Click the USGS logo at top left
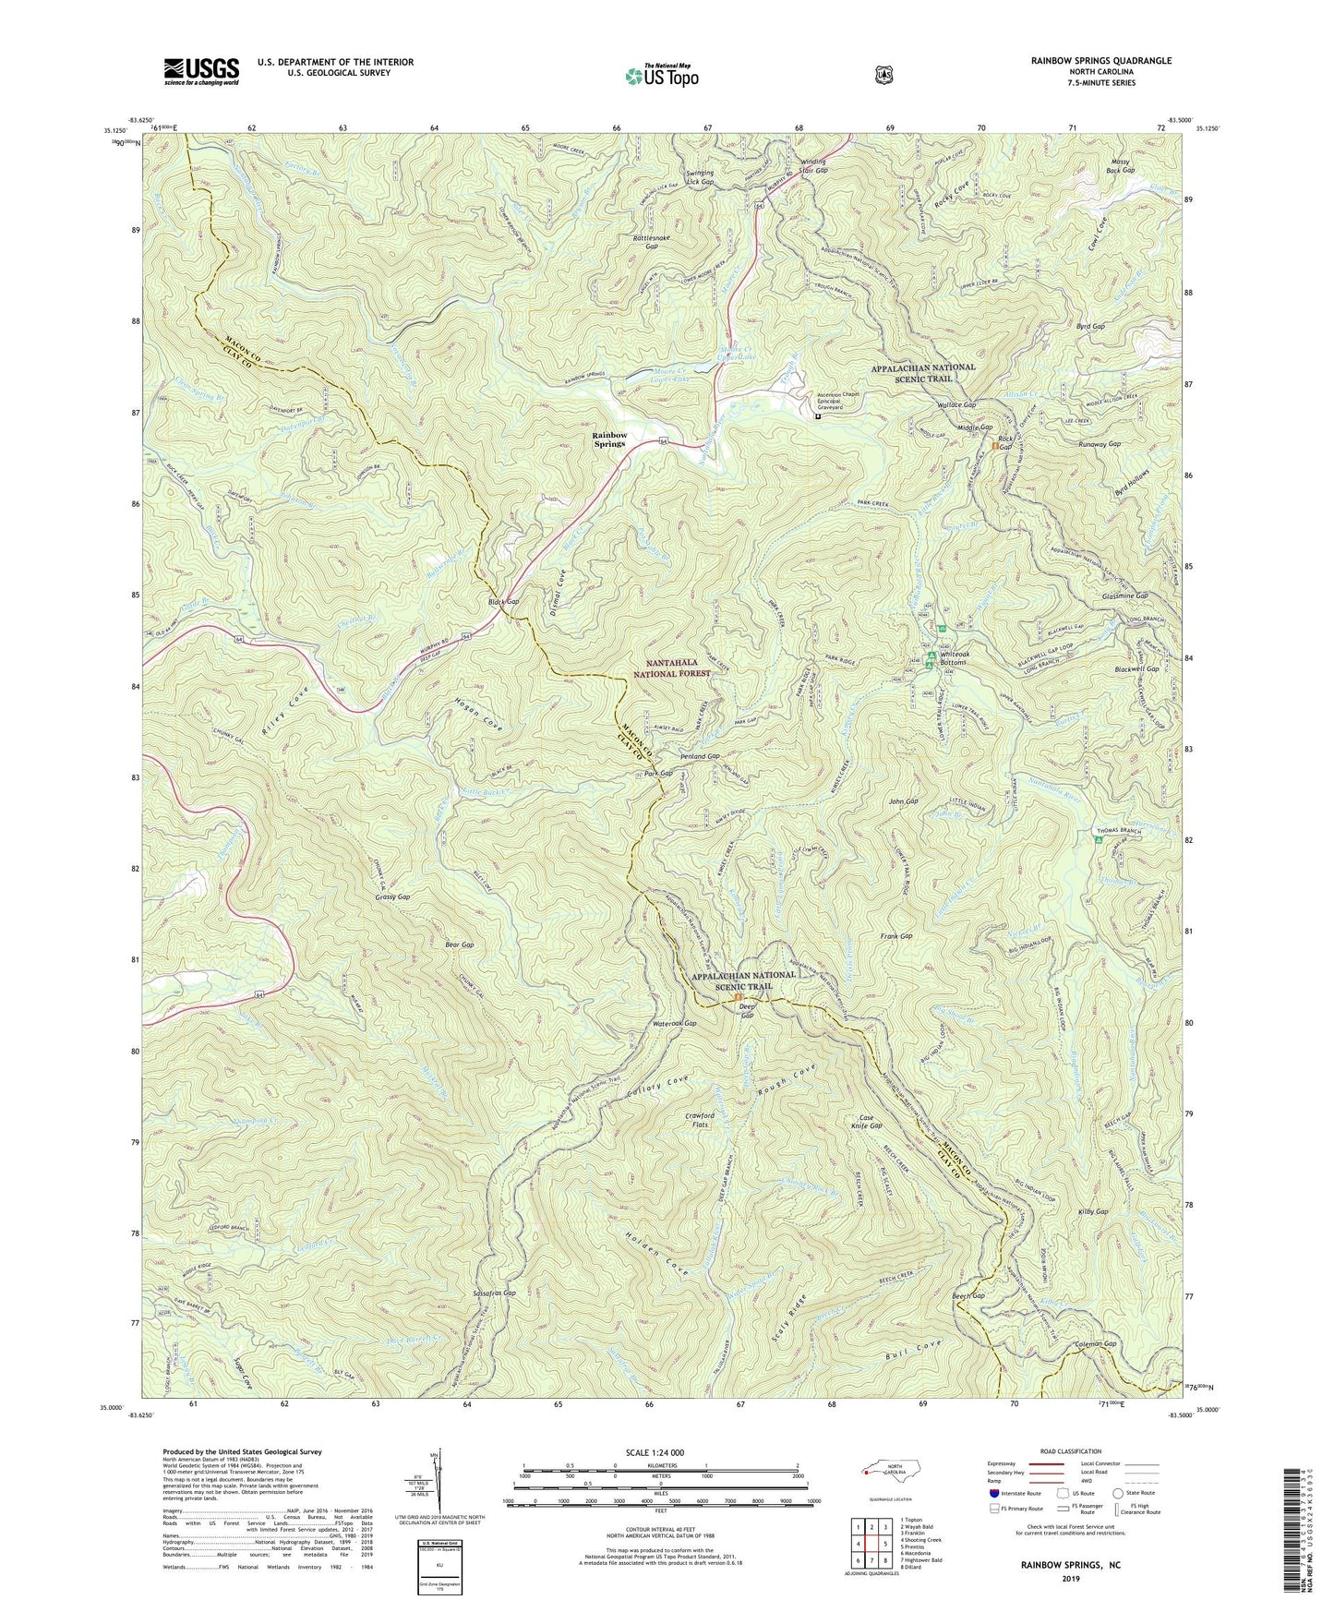[x=201, y=70]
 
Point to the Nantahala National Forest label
[x=683, y=668]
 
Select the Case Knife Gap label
[x=871, y=1121]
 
